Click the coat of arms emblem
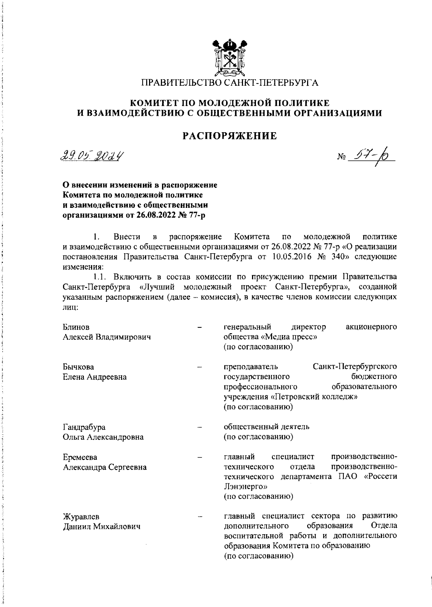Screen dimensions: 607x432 (x=229, y=58)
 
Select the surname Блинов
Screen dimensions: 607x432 (x=76, y=327)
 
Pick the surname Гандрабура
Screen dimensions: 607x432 (x=84, y=427)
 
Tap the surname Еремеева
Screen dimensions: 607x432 (x=80, y=457)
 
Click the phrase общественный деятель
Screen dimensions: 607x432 (x=266, y=427)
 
